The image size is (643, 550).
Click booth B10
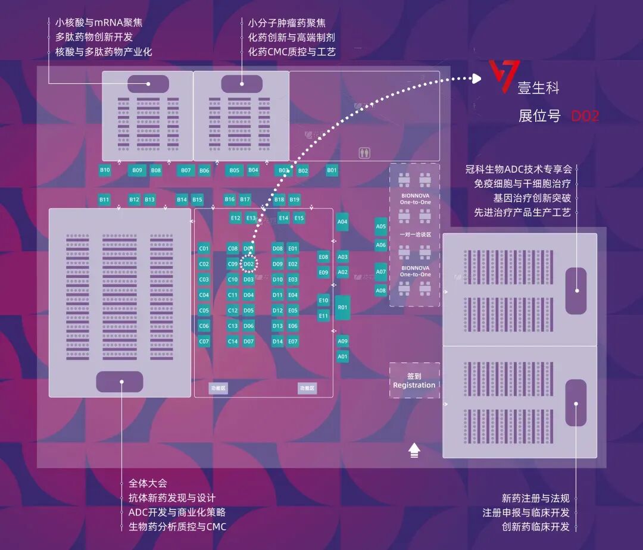(x=105, y=170)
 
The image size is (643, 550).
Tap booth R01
(x=342, y=308)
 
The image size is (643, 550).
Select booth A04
(x=342, y=222)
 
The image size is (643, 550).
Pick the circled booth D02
(x=249, y=264)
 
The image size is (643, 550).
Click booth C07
(x=204, y=342)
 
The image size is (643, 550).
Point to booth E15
(x=299, y=218)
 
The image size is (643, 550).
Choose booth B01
(x=332, y=171)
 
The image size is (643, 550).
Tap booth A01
(x=342, y=357)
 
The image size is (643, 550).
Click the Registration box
(x=414, y=381)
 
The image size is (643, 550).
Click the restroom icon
(x=365, y=153)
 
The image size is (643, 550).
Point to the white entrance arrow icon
(x=414, y=451)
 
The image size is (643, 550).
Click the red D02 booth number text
(x=585, y=116)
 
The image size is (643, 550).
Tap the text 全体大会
(x=148, y=483)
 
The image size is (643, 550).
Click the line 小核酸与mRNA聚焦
(x=99, y=23)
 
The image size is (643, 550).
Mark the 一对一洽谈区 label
(x=415, y=235)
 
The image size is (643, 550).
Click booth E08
(x=323, y=257)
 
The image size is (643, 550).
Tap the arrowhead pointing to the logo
(x=476, y=78)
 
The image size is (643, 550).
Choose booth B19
(x=294, y=200)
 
